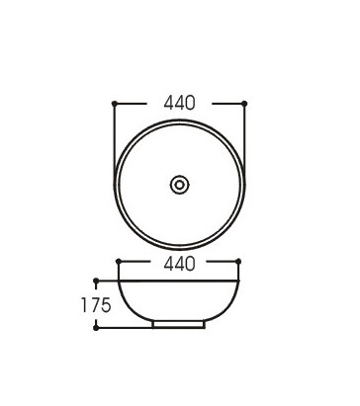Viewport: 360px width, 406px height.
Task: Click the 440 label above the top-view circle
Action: (179, 103)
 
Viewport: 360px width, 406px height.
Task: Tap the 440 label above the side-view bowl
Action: (179, 264)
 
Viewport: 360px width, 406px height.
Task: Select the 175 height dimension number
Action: (96, 305)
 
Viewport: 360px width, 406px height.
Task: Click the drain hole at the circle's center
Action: (179, 185)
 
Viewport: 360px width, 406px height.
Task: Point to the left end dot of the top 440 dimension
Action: (115, 104)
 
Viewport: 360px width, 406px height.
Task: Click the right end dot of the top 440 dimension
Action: (244, 104)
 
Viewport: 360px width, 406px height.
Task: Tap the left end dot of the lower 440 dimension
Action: (119, 262)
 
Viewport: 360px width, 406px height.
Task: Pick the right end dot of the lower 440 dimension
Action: (238, 262)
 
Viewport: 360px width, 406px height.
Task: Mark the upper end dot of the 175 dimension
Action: (96, 281)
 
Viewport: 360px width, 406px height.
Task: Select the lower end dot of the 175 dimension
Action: (96, 328)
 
